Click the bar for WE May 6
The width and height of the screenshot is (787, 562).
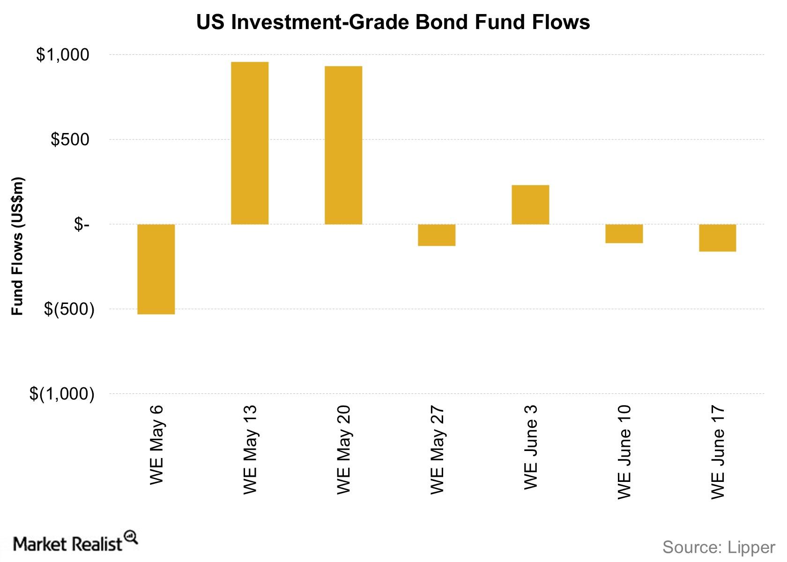[x=156, y=269]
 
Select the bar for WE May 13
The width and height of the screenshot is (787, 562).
[x=250, y=143]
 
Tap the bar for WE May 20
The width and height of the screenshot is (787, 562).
[x=343, y=145]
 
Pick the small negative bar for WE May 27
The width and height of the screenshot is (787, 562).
[x=437, y=235]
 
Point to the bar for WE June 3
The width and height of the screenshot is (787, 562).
[x=530, y=205]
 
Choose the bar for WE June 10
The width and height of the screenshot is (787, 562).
[x=624, y=234]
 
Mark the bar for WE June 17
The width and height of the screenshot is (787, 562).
[x=717, y=238]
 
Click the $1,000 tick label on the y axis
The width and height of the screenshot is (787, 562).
[x=62, y=55]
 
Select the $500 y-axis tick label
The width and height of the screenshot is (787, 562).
[x=70, y=140]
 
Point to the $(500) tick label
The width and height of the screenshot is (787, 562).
[x=69, y=309]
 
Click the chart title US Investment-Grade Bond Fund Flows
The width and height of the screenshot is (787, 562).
[x=393, y=22]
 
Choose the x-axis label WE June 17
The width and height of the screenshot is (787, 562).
[x=718, y=452]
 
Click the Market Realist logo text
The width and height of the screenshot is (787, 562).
[x=68, y=544]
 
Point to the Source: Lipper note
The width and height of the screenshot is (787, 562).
[x=719, y=547]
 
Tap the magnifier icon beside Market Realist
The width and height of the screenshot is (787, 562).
[x=131, y=537]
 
